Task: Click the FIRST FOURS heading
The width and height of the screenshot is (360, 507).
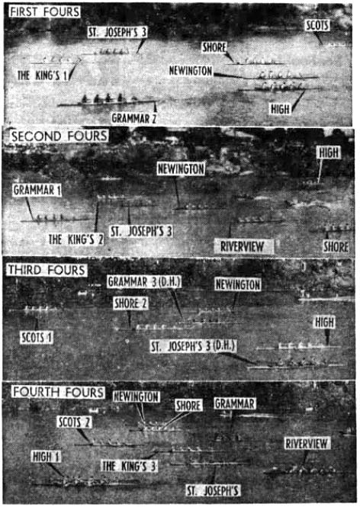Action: pyautogui.click(x=45, y=12)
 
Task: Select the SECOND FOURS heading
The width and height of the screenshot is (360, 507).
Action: pyautogui.click(x=59, y=136)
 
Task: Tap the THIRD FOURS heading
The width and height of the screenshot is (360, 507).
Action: pyautogui.click(x=47, y=270)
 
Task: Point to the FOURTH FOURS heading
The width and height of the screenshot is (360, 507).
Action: pyautogui.click(x=58, y=392)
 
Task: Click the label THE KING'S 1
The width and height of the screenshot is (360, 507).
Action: pyautogui.click(x=43, y=75)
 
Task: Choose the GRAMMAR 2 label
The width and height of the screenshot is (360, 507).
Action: pyautogui.click(x=134, y=118)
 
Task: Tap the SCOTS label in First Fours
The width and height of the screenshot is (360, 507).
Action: pyautogui.click(x=317, y=26)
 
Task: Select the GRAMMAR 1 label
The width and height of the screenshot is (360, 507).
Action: pyautogui.click(x=37, y=190)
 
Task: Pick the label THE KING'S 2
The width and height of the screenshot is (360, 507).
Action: pyautogui.click(x=76, y=239)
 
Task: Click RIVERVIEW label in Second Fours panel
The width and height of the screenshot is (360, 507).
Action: pyautogui.click(x=243, y=247)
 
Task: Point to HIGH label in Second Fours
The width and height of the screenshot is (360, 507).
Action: pyautogui.click(x=329, y=152)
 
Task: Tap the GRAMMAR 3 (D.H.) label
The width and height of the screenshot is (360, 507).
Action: pyautogui.click(x=144, y=282)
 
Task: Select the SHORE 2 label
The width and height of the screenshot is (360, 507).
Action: pyautogui.click(x=130, y=303)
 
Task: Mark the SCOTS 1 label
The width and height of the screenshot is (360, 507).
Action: pyautogui.click(x=36, y=338)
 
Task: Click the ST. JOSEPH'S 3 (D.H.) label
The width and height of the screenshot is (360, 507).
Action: pyautogui.click(x=194, y=346)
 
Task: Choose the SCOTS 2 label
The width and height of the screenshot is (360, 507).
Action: pyautogui.click(x=75, y=422)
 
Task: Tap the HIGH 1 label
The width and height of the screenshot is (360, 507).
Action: pyautogui.click(x=46, y=457)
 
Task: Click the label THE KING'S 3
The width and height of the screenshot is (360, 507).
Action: pyautogui.click(x=129, y=467)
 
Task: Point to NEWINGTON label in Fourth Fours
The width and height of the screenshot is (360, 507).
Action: pyautogui.click(x=137, y=396)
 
